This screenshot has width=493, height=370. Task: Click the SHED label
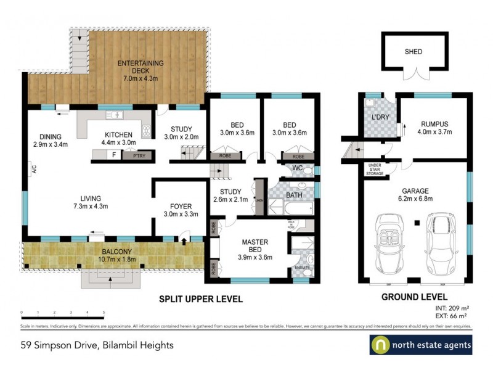(413, 52)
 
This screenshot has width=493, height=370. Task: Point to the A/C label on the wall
(29, 168)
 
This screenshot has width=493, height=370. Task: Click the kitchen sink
(115, 115)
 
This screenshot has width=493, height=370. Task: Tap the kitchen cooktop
(147, 130)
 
